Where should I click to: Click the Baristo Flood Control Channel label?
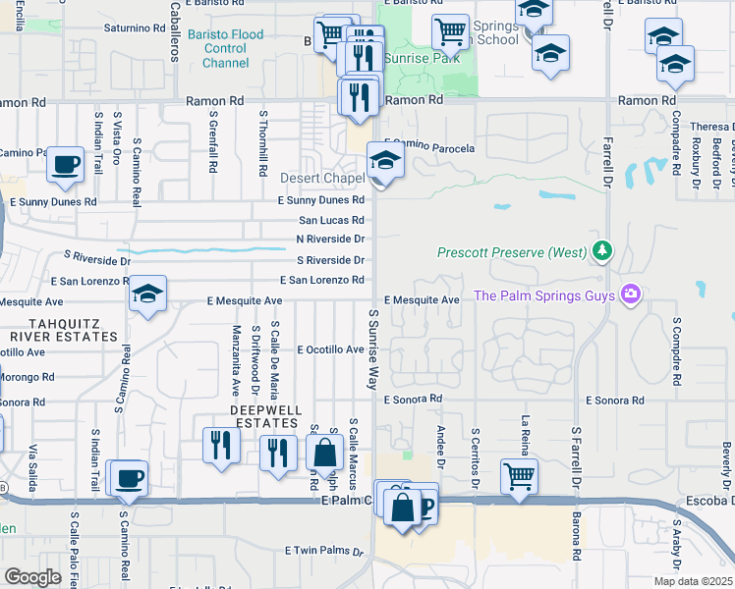coord(233,48)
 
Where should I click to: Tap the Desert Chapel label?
coord(322,178)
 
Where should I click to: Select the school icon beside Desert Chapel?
coord(385,162)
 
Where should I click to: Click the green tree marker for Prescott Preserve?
coord(602,252)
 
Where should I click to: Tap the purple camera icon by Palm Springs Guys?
coord(630,294)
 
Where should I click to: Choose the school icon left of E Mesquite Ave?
coord(148,294)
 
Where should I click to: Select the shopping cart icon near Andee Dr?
coord(519,476)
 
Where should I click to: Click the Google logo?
coord(32,577)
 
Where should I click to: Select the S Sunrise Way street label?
coord(373,348)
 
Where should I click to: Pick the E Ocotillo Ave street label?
coord(330,349)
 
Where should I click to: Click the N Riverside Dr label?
coord(330,240)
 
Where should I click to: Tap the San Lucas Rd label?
coord(332,221)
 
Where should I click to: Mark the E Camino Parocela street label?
coord(428,147)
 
